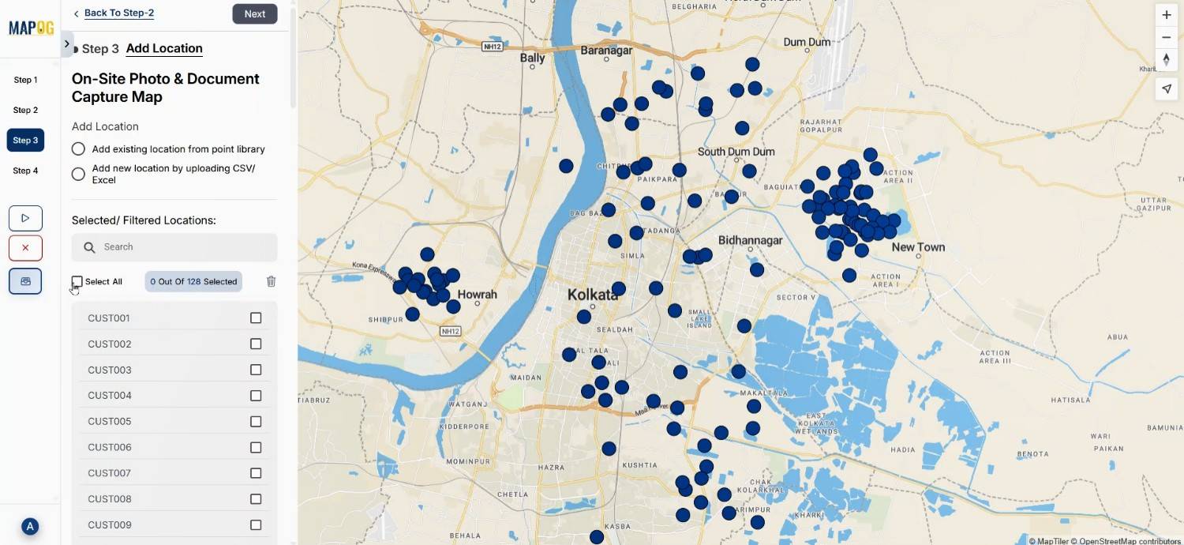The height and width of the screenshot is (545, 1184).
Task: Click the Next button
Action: pyautogui.click(x=254, y=13)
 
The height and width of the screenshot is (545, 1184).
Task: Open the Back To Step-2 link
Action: pyautogui.click(x=118, y=13)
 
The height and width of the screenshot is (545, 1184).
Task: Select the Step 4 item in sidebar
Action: pyautogui.click(x=25, y=171)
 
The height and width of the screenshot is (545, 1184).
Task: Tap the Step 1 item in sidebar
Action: pyautogui.click(x=25, y=80)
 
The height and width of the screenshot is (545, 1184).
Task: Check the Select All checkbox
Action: pyautogui.click(x=77, y=282)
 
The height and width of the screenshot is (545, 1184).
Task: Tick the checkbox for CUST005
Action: pyautogui.click(x=256, y=422)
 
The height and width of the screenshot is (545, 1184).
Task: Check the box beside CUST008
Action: pyautogui.click(x=256, y=499)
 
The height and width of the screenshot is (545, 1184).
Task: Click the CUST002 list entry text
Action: pyautogui.click(x=110, y=344)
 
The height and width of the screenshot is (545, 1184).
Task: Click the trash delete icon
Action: pyautogui.click(x=272, y=281)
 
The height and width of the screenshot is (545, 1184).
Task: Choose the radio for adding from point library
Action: pyautogui.click(x=78, y=149)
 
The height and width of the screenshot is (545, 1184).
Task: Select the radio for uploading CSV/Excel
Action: pyautogui.click(x=78, y=175)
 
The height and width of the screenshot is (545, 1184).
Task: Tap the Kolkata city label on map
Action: pyautogui.click(x=592, y=295)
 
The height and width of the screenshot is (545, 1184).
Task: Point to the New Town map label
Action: pyautogui.click(x=918, y=247)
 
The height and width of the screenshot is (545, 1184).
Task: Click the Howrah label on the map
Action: pyautogui.click(x=478, y=295)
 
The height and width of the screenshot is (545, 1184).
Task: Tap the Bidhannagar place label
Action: pyautogui.click(x=750, y=240)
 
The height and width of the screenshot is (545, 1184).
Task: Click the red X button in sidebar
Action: pyautogui.click(x=25, y=248)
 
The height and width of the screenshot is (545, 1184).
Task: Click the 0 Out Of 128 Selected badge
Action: pyautogui.click(x=193, y=281)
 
